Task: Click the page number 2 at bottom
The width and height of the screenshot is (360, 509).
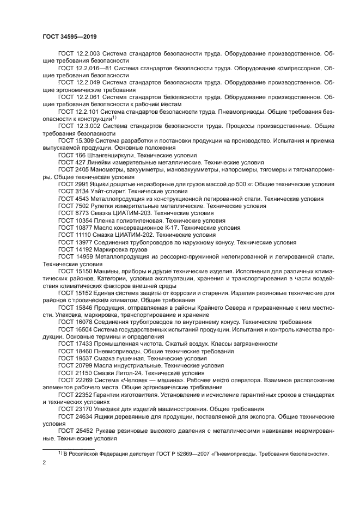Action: coord(44,463)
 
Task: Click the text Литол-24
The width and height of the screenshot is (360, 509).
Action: coord(132,373)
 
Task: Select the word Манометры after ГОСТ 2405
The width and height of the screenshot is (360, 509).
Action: coord(108,170)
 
